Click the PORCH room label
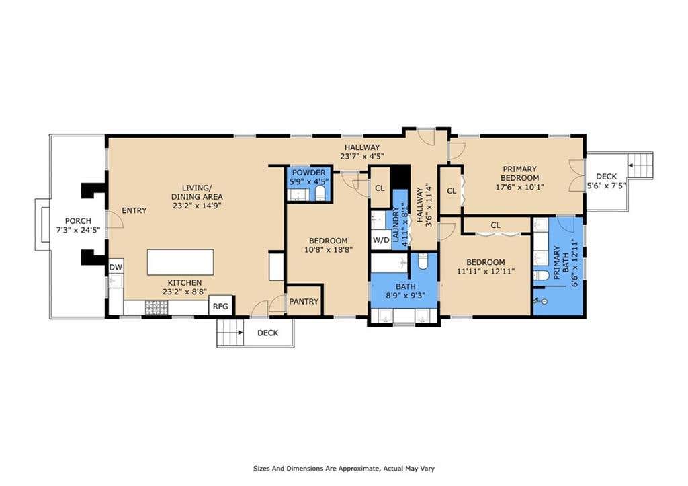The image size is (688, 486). (78, 221)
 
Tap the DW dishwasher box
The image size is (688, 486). (116, 267)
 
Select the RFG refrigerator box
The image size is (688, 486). (220, 306)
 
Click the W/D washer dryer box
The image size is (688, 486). (381, 240)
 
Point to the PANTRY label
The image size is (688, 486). (304, 302)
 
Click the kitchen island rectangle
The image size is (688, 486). (181, 262)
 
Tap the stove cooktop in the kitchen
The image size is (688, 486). (154, 307)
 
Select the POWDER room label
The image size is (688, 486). (309, 173)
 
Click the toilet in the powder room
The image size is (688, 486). (320, 192)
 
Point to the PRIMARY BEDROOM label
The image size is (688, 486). (519, 173)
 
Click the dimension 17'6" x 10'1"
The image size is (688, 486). (519, 187)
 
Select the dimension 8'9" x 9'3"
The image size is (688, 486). (405, 296)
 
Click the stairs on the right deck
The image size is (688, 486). (640, 165)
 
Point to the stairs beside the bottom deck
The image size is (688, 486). (230, 332)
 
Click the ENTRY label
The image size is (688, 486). (134, 210)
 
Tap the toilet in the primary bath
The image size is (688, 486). (542, 276)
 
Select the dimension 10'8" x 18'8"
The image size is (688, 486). (329, 250)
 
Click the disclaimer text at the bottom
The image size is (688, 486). (344, 469)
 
